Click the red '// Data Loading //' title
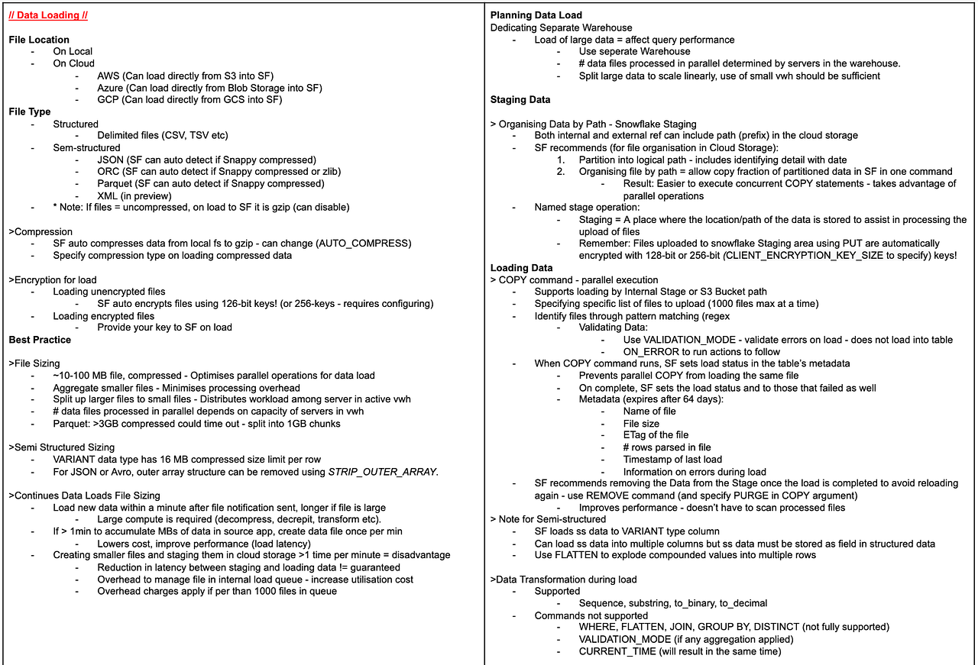point(47,15)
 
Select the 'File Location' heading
point(39,40)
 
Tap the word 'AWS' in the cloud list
point(108,76)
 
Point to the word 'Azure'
point(111,88)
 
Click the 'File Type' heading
point(30,111)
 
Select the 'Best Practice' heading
point(40,340)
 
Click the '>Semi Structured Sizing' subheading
point(61,447)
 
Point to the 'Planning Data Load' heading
point(536,15)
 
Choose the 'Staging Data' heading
point(520,99)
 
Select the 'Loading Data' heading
point(521,268)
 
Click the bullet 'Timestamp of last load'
point(672,460)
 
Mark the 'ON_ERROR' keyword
point(648,352)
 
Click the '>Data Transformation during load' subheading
point(563,579)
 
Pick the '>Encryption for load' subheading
point(53,279)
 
